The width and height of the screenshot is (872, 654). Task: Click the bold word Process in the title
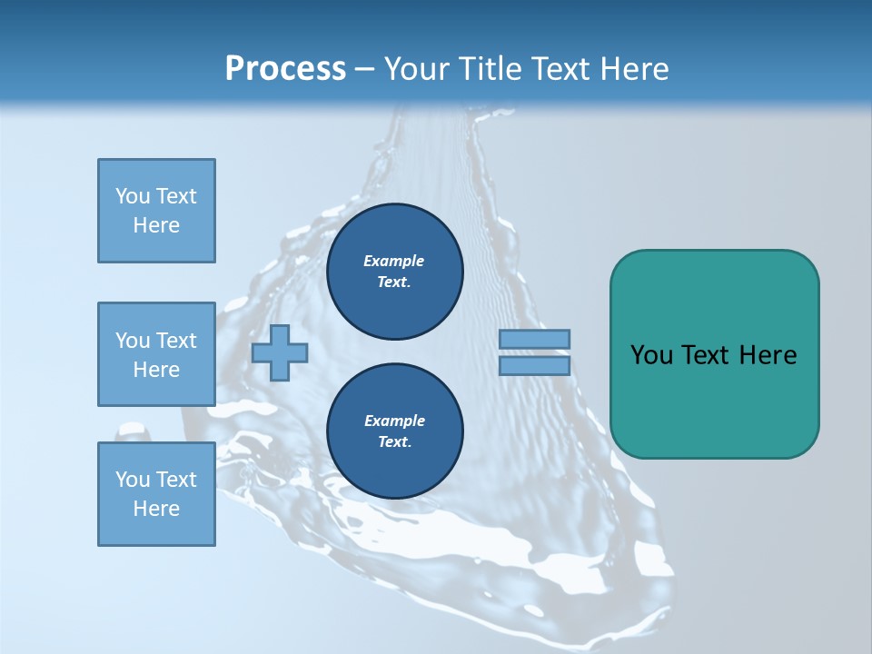(285, 68)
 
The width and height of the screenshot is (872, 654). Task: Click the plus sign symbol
(280, 353)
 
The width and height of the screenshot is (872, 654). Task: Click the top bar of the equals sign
(534, 339)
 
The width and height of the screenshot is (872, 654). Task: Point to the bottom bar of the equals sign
(534, 366)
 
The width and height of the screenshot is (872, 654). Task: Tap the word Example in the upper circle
(394, 261)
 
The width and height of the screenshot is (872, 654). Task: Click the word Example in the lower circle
(394, 421)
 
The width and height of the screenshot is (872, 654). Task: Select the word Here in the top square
(156, 225)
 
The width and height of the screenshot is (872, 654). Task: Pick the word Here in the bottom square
(156, 509)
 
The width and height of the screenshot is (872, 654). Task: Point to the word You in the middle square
(133, 341)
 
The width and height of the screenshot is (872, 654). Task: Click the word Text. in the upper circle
(394, 282)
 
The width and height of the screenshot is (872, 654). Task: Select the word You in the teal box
(651, 355)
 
